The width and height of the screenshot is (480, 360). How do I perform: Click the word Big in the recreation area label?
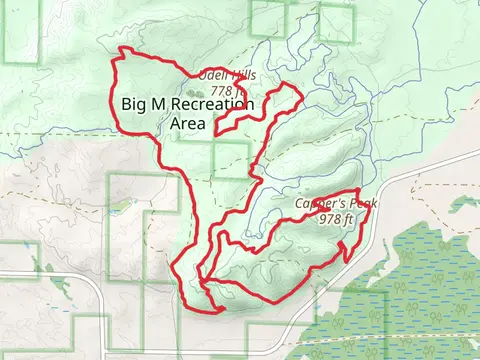(134, 104)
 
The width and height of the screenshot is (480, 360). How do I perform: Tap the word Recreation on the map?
(212, 104)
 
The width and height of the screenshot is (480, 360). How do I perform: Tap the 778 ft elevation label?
(229, 91)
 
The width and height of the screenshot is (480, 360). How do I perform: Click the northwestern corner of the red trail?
(121, 50)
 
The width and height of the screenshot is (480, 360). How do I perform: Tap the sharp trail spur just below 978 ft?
(346, 259)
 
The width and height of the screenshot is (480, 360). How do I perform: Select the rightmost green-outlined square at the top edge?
(336, 20)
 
